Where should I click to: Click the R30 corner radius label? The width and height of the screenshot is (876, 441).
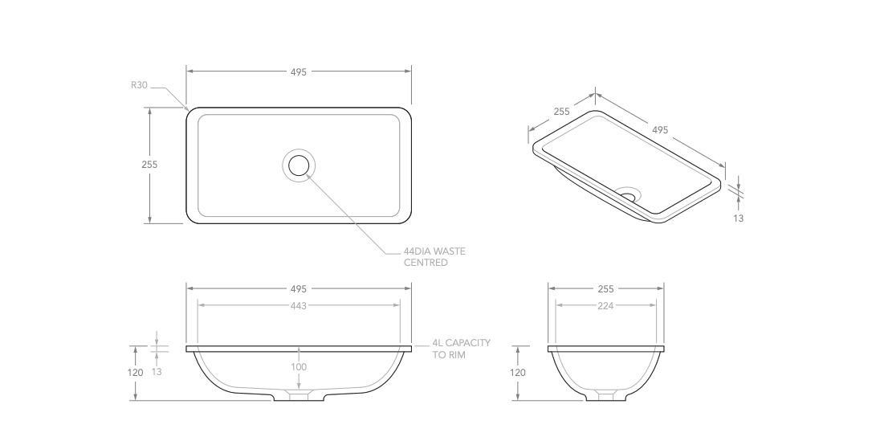point(139,85)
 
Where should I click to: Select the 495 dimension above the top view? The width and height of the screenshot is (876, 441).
point(299,71)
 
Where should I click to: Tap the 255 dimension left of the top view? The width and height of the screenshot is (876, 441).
point(149,164)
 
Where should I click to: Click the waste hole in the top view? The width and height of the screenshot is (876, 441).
point(299,165)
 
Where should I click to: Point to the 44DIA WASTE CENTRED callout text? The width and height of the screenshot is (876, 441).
point(434,257)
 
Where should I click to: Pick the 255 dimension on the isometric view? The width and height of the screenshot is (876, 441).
point(561,112)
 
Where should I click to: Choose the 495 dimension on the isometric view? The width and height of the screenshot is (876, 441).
point(660,130)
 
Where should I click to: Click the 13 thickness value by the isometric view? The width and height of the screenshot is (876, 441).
point(739,218)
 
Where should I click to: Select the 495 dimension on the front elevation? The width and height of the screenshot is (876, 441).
point(299,288)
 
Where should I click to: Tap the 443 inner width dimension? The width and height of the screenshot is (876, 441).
point(299,305)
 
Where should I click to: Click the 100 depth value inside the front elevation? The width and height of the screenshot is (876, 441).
point(299,367)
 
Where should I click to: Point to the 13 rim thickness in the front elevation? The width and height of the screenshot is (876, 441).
point(157,372)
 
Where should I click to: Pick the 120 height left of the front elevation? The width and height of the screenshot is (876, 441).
point(136,373)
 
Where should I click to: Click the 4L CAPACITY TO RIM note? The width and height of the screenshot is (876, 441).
point(461,349)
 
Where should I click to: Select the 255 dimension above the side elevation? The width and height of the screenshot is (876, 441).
point(606,288)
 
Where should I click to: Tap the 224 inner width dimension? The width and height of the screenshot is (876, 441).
point(606,305)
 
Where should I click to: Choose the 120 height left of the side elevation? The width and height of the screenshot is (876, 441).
point(518,373)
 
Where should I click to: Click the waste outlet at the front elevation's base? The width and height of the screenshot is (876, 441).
point(299,396)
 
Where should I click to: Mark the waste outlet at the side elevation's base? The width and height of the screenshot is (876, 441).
point(606,395)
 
